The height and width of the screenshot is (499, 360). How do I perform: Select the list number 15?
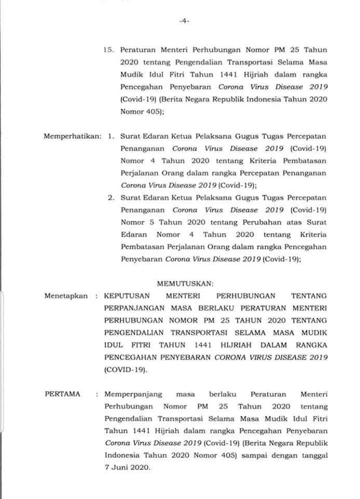point(108,50)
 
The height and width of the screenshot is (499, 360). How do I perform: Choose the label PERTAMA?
point(62,394)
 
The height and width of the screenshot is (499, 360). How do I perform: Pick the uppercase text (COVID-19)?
point(125,370)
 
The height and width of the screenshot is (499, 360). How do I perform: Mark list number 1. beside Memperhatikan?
point(111,137)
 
